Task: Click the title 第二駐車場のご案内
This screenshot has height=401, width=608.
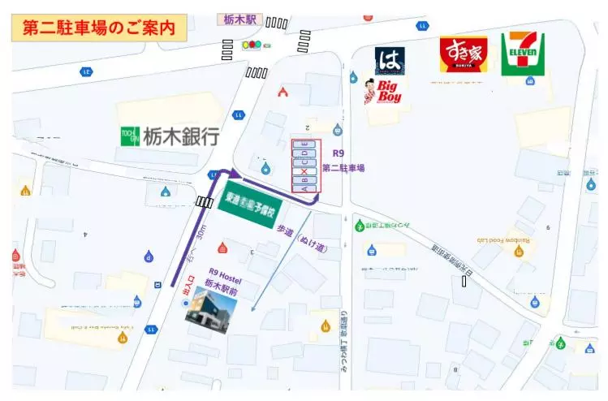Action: point(99,28)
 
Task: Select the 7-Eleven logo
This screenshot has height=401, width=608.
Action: point(522,54)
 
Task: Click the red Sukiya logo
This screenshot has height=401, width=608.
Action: point(464,54)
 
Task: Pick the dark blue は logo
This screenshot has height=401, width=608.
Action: point(390,61)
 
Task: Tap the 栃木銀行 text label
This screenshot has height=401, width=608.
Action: point(181,136)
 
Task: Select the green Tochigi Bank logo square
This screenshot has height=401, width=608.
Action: point(130,136)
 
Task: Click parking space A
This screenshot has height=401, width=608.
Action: point(305,187)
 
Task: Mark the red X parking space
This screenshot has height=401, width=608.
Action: point(305,172)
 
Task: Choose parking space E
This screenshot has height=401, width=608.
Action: point(305,144)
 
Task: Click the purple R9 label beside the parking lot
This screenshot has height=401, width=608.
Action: point(338,153)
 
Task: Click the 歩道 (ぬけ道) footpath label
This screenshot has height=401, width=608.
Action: point(302,239)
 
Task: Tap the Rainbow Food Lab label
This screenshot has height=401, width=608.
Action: point(502,239)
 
